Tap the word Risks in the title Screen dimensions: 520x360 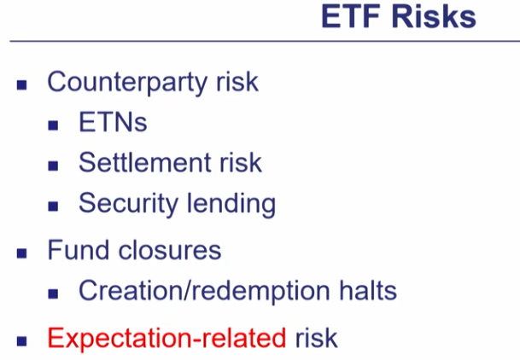tap(434, 16)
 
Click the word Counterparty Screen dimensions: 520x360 tap(128, 82)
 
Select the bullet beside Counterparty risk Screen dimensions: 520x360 tap(22, 85)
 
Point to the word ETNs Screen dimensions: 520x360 tap(113, 122)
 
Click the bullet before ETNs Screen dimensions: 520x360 tap(53, 125)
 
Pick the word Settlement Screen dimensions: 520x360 tap(145, 162)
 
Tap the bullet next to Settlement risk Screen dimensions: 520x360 tap(53, 165)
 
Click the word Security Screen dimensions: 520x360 tap(128, 204)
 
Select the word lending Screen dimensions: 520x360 tap(231, 204)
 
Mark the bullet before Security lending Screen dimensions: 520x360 tap(53, 206)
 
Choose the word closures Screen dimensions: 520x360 tap(170, 250)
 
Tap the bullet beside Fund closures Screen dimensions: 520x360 tap(22, 253)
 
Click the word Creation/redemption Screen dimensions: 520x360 tap(204, 291)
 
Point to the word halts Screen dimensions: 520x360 tap(368, 290)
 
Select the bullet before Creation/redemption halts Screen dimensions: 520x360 tap(53, 293)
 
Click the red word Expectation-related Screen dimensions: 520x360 tap(167, 338)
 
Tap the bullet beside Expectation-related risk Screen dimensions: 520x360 tap(22, 341)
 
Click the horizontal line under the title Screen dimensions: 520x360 tap(265, 42)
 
